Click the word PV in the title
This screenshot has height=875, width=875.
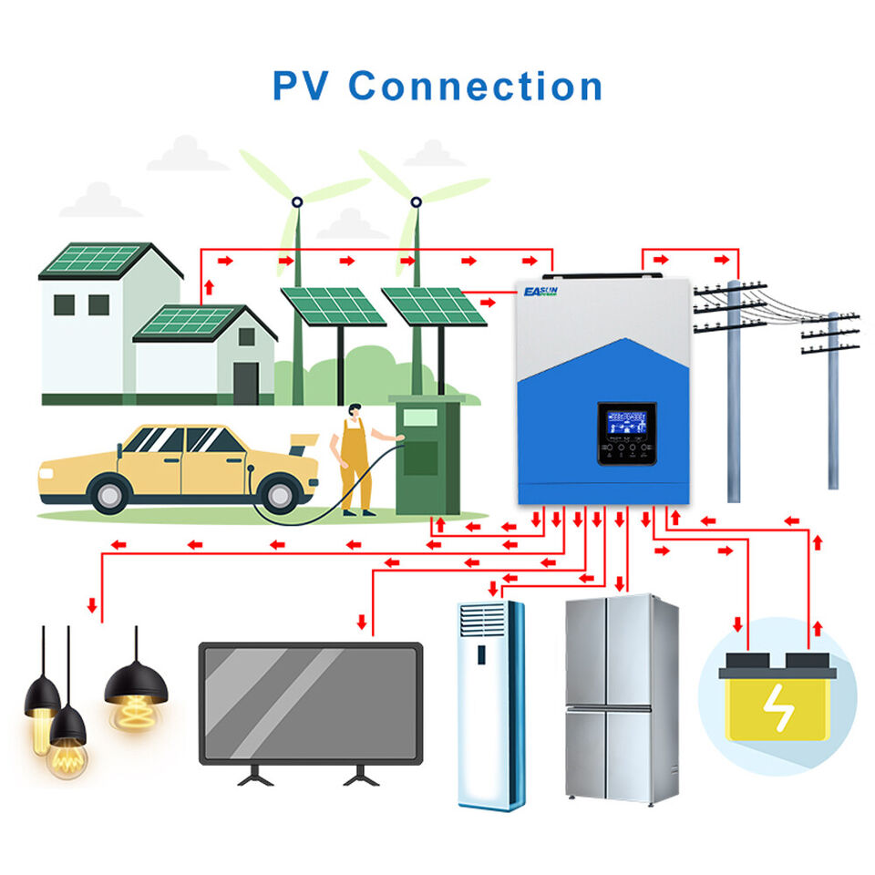[x=302, y=86]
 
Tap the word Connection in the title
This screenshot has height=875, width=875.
[x=475, y=86]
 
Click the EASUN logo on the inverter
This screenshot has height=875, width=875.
[x=541, y=292]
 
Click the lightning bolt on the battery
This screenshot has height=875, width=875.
[x=777, y=707]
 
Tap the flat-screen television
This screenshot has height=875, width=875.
[x=311, y=703]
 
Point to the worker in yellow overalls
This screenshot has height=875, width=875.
[x=355, y=460]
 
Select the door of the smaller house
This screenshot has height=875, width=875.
[x=245, y=382]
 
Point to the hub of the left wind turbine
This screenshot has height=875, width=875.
[x=297, y=201]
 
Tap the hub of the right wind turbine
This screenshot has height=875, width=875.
[x=417, y=201]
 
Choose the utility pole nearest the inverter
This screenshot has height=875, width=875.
[x=734, y=392]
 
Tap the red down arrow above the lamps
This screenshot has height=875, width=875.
[x=92, y=604]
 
